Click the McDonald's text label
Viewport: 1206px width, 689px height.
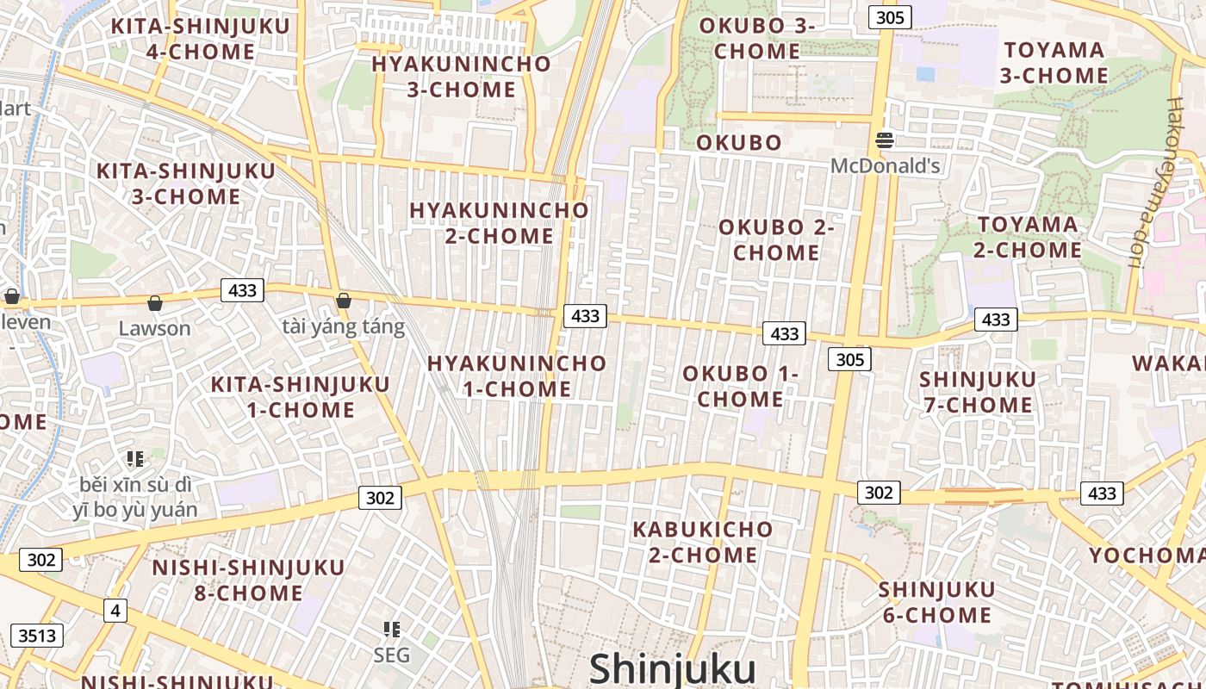[x=885, y=165]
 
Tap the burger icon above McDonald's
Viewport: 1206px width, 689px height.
[x=885, y=140]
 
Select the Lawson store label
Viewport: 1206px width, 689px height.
[x=154, y=328]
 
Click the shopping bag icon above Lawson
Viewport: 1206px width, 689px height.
[x=155, y=303]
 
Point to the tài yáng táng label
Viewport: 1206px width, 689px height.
[x=343, y=326]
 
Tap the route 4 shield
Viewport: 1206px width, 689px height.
[x=115, y=611]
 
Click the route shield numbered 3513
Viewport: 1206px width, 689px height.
[x=37, y=636]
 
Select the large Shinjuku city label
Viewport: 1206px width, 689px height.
[x=672, y=669]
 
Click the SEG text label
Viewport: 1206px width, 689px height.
[x=391, y=655]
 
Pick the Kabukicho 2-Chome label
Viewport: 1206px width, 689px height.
[x=703, y=542]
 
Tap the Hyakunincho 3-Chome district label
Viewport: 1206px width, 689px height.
[x=461, y=77]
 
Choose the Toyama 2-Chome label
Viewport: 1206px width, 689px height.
[x=1027, y=237]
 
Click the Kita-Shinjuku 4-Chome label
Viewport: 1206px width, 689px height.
[x=200, y=39]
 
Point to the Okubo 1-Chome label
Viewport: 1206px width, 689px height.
[x=741, y=386]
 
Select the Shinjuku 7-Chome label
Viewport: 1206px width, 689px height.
[x=977, y=392]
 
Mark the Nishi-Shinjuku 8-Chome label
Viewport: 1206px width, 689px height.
[x=248, y=580]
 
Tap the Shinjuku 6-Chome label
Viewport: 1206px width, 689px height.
[x=936, y=602]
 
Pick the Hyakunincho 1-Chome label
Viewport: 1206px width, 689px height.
[x=517, y=376]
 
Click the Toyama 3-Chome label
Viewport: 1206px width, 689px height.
[x=1054, y=63]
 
